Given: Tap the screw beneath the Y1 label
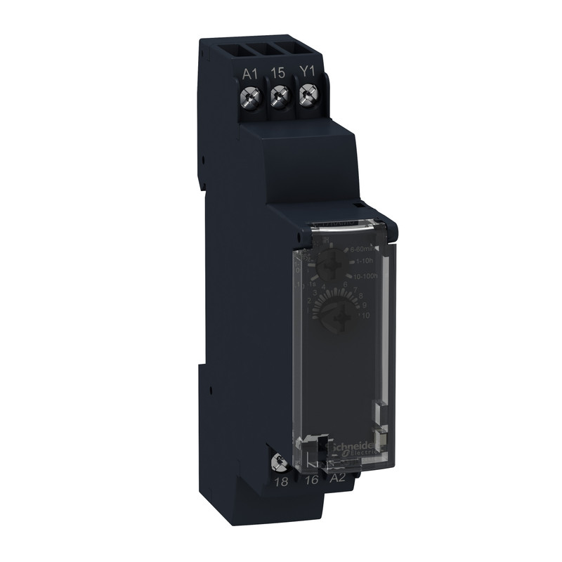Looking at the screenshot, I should tap(307, 93).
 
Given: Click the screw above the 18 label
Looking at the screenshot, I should tap(280, 462).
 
